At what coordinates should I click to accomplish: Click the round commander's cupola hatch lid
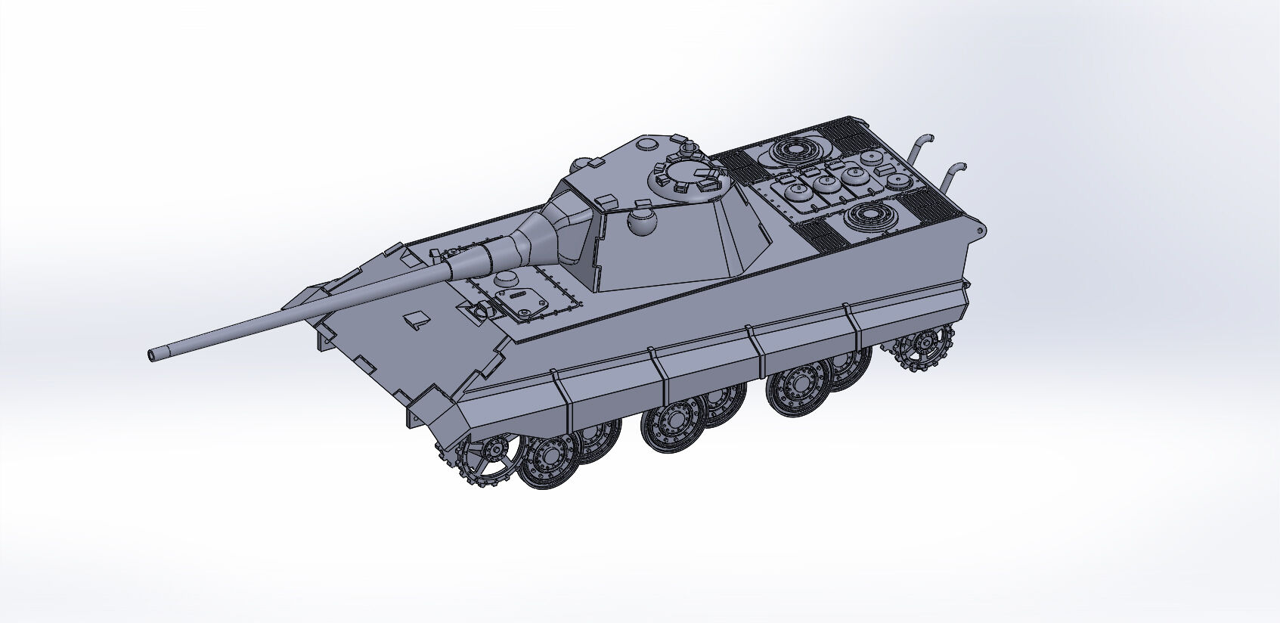[687, 178]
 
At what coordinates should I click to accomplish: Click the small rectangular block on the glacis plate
[415, 320]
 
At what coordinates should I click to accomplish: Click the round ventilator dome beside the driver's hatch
[505, 278]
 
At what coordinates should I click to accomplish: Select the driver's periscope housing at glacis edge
[479, 310]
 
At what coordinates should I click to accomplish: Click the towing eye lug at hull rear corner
[981, 230]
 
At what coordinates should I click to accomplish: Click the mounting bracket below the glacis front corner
[414, 417]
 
